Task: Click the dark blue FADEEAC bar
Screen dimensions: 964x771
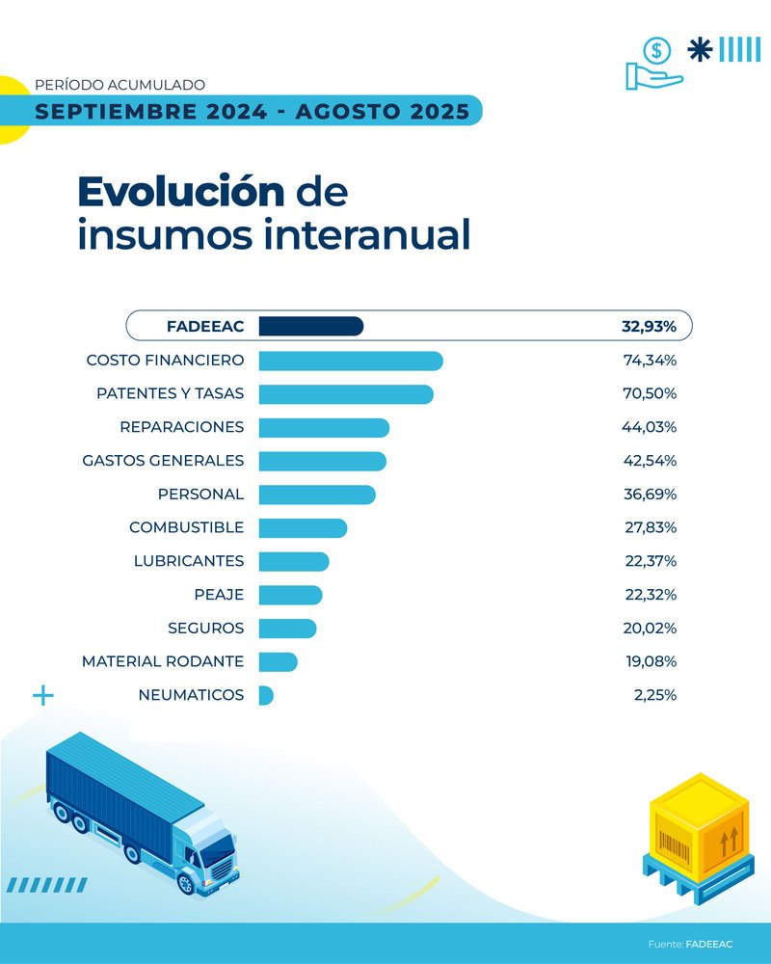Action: pos(310,327)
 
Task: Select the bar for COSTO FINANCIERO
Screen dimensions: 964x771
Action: pos(351,361)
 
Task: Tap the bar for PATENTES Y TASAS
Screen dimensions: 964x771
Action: pos(346,394)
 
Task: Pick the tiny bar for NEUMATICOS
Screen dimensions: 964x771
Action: pos(266,695)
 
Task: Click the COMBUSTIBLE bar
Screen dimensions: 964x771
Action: pos(303,528)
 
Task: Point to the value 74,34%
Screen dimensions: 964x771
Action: pos(650,361)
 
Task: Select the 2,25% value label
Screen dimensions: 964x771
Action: pos(654,695)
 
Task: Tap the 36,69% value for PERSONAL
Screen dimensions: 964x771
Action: pos(650,495)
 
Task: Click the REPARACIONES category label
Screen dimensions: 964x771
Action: pos(181,427)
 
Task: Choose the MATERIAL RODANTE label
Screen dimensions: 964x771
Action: pos(162,662)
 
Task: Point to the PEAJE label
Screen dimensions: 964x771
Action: pos(219,595)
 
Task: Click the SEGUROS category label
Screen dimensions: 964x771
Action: pos(205,629)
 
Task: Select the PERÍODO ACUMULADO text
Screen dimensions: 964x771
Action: pos(120,85)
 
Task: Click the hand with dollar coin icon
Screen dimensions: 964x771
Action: pos(654,64)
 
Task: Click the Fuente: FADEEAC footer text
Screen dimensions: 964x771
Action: pos(690,944)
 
